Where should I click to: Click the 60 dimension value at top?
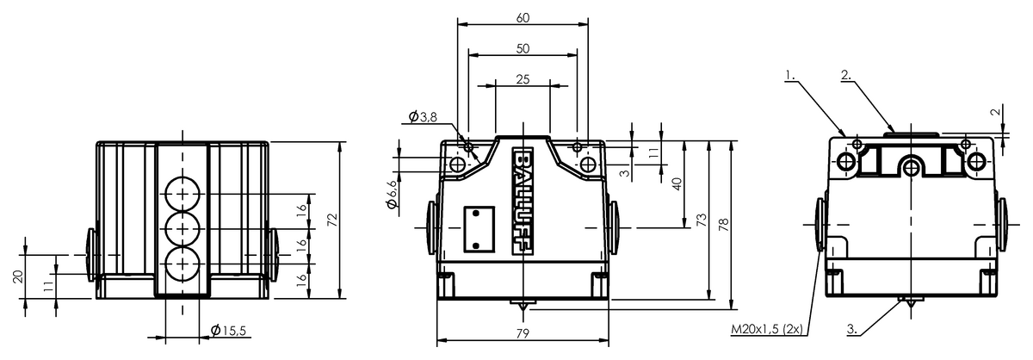[523, 18]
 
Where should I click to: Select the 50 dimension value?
[523, 48]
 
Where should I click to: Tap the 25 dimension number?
[523, 79]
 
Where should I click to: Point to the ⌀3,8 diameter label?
[423, 117]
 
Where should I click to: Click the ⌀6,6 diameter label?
[392, 195]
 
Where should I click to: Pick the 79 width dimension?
[523, 333]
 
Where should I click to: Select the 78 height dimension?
[724, 224]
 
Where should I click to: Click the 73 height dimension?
[701, 220]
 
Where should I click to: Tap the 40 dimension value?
[677, 184]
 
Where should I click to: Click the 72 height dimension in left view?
[332, 220]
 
